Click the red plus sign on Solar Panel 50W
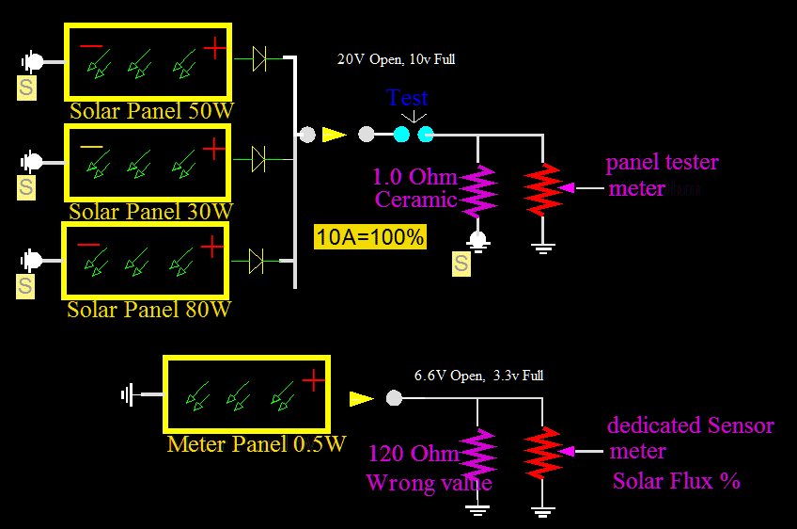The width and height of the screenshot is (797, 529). click(215, 47)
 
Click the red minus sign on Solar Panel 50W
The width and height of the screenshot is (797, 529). click(91, 45)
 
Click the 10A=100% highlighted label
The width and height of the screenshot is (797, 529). click(369, 236)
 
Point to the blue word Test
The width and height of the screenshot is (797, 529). click(408, 98)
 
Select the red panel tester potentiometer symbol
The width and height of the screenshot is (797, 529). click(542, 188)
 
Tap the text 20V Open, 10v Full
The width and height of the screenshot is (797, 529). click(397, 59)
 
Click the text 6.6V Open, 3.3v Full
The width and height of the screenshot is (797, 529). click(478, 376)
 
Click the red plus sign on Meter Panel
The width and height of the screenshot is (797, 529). click(313, 379)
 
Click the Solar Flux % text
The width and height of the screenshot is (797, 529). click(676, 481)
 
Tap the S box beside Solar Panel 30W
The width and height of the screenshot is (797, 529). click(26, 186)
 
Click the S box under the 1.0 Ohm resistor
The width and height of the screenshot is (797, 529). click(461, 264)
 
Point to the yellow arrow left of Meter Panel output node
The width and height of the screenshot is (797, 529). click(361, 398)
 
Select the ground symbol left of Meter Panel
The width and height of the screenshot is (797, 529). click(130, 394)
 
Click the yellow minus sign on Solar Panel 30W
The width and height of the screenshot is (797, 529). click(91, 148)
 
